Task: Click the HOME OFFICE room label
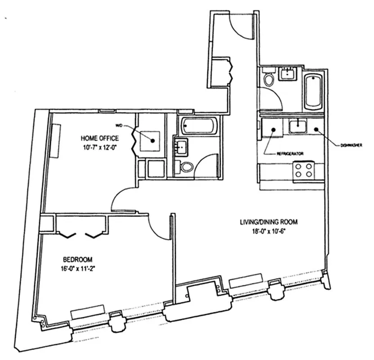[100, 138]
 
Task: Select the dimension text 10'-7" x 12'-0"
[100, 147]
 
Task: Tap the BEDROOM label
[77, 260]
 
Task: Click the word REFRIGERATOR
[289, 153]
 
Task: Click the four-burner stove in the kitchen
[303, 171]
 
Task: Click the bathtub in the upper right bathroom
[313, 91]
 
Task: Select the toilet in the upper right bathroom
[269, 80]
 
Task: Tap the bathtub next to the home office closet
[200, 126]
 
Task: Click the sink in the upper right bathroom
[286, 73]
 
